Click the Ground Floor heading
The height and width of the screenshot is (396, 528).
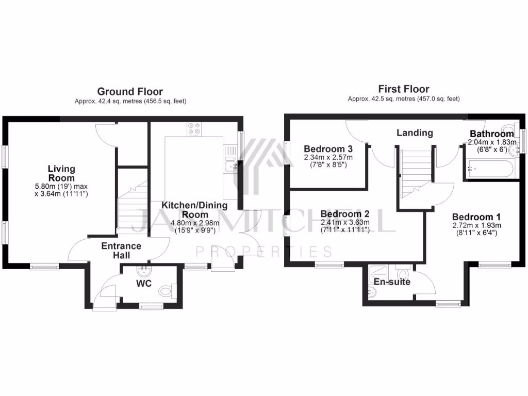click(x=129, y=92)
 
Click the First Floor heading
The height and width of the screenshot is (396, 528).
click(x=404, y=89)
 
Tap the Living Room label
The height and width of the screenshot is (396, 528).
click(x=61, y=173)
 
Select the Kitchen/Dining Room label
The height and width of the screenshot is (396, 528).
click(x=195, y=210)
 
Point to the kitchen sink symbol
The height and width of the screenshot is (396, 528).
click(x=230, y=166)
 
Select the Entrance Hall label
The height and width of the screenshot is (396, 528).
click(x=121, y=251)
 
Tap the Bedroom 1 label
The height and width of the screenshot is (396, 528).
click(x=476, y=217)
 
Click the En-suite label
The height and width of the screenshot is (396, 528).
click(x=392, y=282)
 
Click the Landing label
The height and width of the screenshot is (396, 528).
click(x=414, y=133)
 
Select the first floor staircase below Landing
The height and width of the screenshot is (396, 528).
click(x=415, y=173)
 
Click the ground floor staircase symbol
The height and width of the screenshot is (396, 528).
click(x=131, y=211)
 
